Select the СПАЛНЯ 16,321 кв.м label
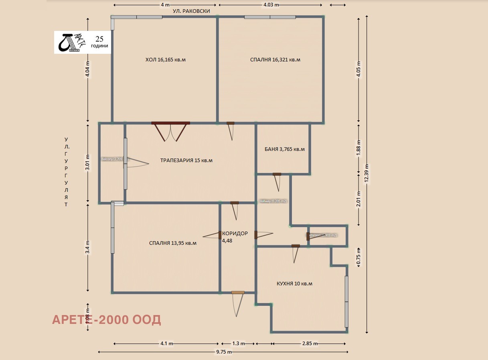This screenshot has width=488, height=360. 275,60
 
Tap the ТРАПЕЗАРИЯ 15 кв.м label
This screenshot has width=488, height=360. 186,161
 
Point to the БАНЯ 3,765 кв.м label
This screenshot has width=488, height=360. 285,149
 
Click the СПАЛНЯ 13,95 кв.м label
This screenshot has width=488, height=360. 172,243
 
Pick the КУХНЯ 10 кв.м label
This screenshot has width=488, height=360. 294,284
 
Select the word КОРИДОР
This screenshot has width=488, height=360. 235,234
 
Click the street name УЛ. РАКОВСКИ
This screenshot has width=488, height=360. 191,12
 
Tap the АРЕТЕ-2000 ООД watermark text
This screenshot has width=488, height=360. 107,320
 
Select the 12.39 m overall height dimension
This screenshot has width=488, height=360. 366,173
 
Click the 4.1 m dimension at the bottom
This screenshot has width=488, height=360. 166,344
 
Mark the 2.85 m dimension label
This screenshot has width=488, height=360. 309,344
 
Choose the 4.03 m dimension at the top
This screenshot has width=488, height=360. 271,5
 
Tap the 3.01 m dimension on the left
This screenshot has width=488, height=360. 88,162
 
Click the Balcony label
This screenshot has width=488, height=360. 111,159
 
